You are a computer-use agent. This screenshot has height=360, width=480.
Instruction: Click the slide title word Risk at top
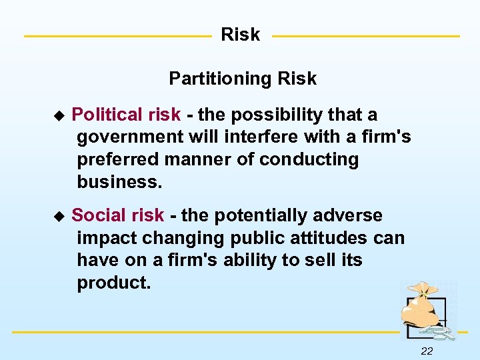coord(240,35)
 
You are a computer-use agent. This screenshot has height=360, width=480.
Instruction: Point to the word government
coord(123,138)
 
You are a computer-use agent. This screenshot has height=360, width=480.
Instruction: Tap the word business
coord(119,182)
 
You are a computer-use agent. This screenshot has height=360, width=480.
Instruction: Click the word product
coord(114,283)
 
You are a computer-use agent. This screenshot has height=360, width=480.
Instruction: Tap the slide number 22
coord(427,351)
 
